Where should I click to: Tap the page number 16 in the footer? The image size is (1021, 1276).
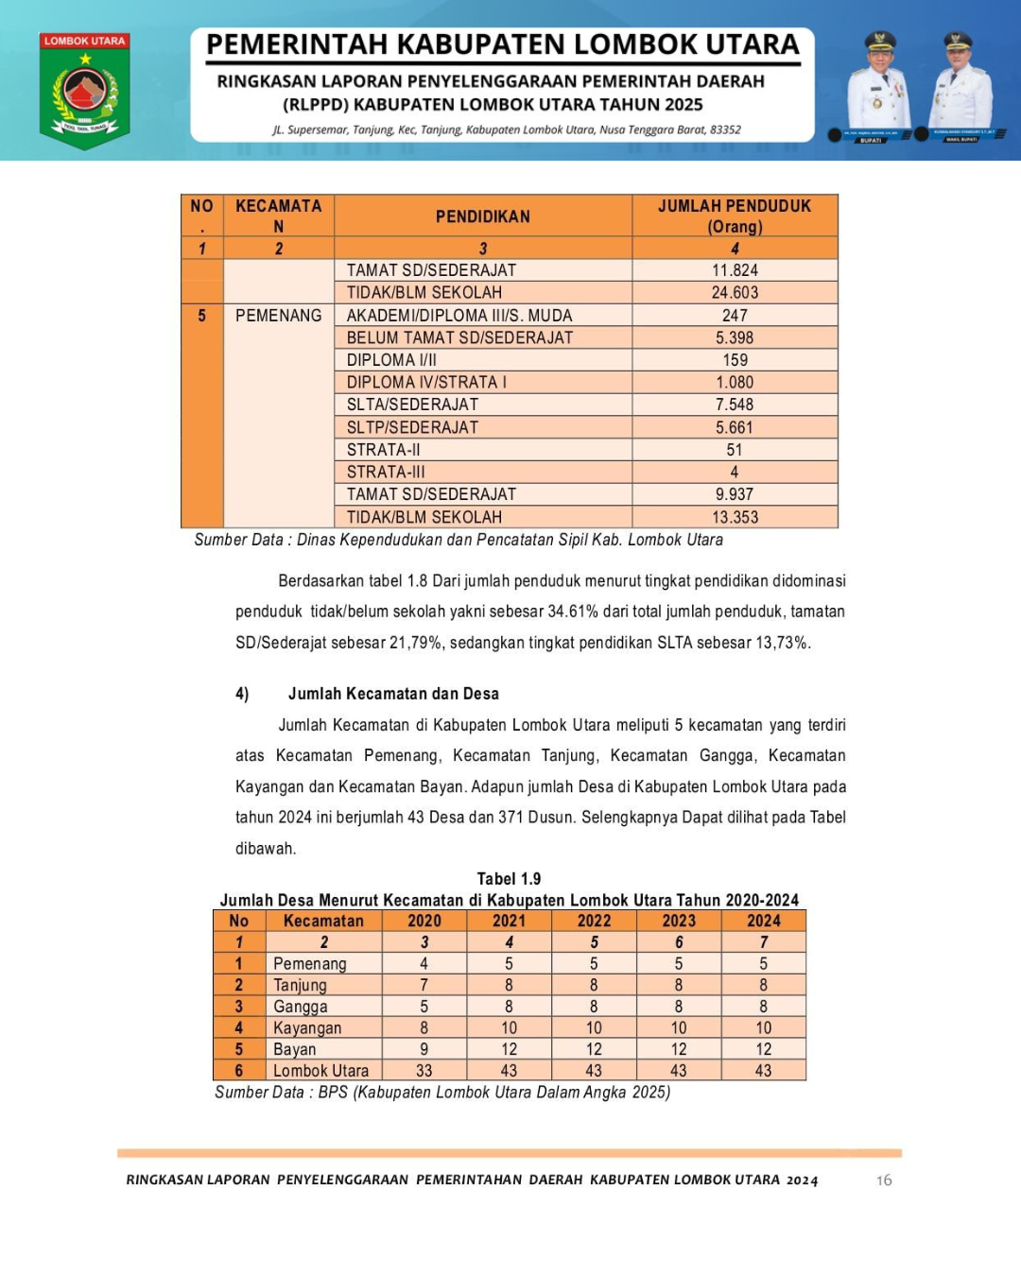[x=884, y=1180]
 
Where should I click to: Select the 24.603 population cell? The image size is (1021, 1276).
[x=735, y=293]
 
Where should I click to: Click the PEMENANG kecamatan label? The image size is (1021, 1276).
[x=278, y=316]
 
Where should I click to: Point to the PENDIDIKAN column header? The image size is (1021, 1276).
[x=482, y=216]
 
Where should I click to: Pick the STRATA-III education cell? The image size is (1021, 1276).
[x=386, y=472]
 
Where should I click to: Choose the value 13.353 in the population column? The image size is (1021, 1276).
[x=735, y=517]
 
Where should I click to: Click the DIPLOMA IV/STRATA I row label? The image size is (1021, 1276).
[x=426, y=382]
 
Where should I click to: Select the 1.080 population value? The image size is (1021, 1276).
[x=735, y=382]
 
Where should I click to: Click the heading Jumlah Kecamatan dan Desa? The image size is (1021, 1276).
[x=393, y=694]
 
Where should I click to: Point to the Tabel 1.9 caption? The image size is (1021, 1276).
[x=509, y=879]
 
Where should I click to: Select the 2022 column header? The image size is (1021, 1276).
[x=594, y=921]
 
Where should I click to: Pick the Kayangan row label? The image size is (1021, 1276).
[x=307, y=1028]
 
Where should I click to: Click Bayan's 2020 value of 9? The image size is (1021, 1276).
[x=424, y=1049]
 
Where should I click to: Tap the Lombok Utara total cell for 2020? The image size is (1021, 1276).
[x=424, y=1071]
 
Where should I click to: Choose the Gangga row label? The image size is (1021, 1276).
[x=301, y=1007]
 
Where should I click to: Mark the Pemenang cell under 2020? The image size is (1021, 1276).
[x=424, y=964]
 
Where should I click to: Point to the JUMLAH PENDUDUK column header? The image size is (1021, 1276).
[x=735, y=216]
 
